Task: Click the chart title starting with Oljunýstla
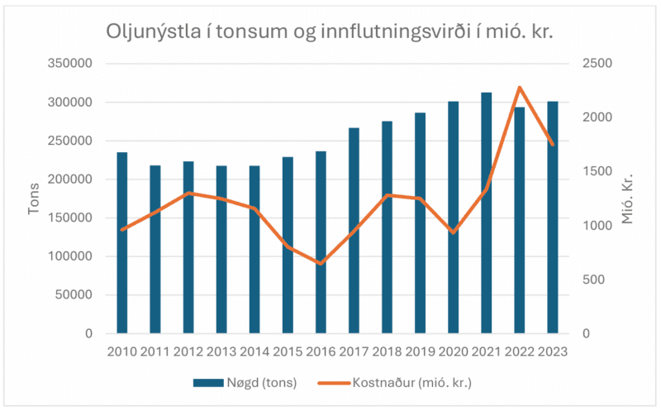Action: (x=329, y=31)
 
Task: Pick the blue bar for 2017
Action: (x=354, y=231)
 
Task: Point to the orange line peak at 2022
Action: (x=519, y=87)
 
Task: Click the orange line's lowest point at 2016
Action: (x=321, y=264)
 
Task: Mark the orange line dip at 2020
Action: (x=453, y=232)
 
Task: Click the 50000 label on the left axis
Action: (x=73, y=294)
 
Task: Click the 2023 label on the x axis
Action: (x=552, y=351)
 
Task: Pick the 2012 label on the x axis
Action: (x=188, y=351)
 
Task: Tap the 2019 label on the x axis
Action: (x=420, y=351)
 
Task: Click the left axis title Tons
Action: (x=34, y=198)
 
